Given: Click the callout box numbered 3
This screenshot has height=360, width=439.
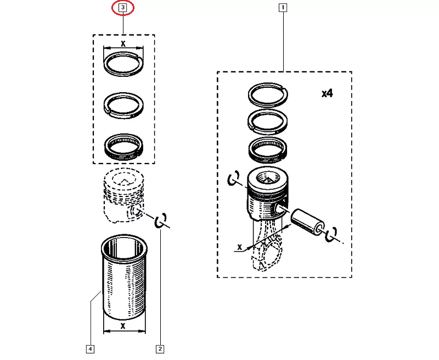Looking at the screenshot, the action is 123,8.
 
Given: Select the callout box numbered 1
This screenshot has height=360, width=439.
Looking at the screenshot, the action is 283,8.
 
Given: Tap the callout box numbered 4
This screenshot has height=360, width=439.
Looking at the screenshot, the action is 90,349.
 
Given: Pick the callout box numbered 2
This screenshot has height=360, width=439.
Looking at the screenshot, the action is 160,349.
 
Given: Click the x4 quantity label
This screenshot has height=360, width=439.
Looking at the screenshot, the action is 327,93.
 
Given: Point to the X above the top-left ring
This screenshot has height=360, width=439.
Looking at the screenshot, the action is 123,44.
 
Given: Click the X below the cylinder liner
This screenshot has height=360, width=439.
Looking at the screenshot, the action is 123,326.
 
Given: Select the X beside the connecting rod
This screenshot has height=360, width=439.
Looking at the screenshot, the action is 239,247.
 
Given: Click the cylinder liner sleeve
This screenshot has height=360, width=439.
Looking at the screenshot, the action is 124,277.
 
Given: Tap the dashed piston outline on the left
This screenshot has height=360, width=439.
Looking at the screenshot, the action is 124,195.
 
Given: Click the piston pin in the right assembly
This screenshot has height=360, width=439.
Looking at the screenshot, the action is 308,221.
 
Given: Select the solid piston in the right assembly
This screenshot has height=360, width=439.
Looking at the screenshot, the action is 268,193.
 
